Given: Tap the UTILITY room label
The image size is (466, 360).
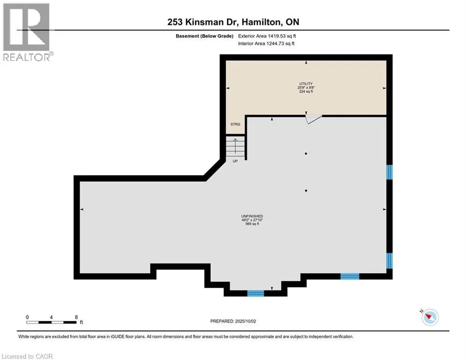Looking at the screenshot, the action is point(306,84).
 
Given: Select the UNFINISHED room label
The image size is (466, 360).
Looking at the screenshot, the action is point(252,216).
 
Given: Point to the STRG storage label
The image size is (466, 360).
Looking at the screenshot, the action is point(236,124).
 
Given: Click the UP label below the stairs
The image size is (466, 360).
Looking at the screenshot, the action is point(235,161).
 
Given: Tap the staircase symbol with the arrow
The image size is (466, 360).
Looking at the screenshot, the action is point(235,146).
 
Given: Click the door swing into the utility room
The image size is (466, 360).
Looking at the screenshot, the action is point(313,120).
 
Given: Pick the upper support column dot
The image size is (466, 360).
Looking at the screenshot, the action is point(306,154).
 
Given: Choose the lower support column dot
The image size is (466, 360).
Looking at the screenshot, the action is point(306,190).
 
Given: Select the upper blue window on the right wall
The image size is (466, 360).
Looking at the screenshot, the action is point(389,172).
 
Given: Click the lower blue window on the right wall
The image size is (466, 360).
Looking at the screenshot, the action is point(389,261).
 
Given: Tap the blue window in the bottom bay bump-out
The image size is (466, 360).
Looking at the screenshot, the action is point(256,293).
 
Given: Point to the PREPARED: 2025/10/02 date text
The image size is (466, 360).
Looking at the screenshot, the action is point(233,321).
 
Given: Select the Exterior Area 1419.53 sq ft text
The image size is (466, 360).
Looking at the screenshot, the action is point(267,36).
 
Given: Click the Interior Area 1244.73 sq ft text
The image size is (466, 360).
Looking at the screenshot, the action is point(266,44).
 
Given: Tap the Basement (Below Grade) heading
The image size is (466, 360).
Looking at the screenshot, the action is point(205,36).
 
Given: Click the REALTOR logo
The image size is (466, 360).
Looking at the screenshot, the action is point(27,32).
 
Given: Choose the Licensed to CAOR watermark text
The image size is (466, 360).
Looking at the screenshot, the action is point(27,356).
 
